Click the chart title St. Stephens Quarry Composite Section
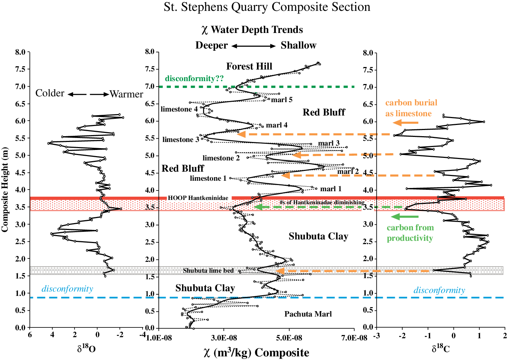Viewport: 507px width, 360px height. (x=267, y=7)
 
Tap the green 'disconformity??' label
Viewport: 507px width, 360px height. (x=194, y=79)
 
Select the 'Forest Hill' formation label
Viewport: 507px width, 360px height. (x=249, y=66)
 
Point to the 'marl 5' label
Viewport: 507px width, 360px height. (x=282, y=100)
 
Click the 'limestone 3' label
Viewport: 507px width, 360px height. (x=181, y=140)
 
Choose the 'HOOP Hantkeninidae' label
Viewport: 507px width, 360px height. (x=198, y=198)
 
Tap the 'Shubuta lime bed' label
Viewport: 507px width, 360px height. (x=208, y=271)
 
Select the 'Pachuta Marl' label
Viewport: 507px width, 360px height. (x=308, y=314)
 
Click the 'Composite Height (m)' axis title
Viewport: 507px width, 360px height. (x=5, y=189)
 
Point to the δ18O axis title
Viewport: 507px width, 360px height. (x=86, y=349)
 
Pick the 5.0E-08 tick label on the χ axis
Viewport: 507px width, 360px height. (x=288, y=338)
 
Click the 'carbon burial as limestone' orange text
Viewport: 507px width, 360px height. (x=411, y=108)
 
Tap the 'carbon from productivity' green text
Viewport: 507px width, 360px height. (x=410, y=233)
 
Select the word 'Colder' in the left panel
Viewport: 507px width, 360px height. (x=50, y=93)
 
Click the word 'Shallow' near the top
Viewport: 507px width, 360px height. (x=298, y=45)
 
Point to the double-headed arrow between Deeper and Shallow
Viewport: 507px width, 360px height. (x=254, y=46)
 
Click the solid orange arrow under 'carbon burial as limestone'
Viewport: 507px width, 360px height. (x=405, y=123)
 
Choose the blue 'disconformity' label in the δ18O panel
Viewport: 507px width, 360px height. (x=67, y=289)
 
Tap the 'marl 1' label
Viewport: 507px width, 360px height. (x=331, y=189)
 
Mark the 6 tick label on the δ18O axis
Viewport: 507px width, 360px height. (x=30, y=335)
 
